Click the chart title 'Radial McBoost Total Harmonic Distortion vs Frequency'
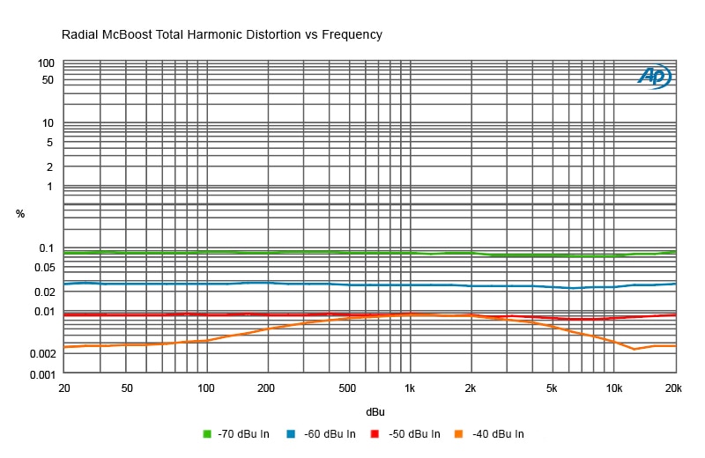(221, 35)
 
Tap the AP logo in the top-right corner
(654, 78)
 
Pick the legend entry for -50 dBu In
(404, 433)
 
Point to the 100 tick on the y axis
(46, 63)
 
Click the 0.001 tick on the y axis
(41, 374)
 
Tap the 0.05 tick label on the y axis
(44, 268)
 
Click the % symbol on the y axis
(20, 214)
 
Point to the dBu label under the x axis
(375, 411)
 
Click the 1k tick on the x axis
(410, 388)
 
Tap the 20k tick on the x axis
(674, 388)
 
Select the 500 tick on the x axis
(348, 388)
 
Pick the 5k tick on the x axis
(553, 388)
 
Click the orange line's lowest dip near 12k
(634, 350)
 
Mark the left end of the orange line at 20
(64, 347)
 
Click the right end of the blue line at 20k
(676, 284)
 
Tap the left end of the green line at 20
(64, 253)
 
